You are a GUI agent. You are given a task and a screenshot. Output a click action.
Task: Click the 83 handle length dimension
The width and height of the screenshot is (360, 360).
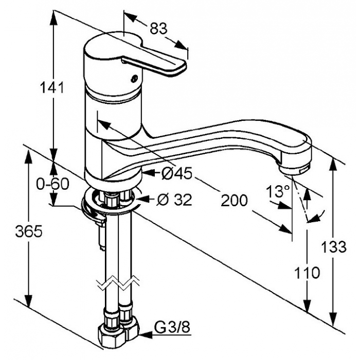(x=158, y=29)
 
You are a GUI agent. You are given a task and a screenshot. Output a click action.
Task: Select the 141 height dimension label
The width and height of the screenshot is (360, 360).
(x=52, y=87)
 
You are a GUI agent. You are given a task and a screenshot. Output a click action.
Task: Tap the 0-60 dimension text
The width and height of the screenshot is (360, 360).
(x=53, y=184)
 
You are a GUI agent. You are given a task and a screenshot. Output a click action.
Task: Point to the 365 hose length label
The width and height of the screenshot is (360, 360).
(x=29, y=231)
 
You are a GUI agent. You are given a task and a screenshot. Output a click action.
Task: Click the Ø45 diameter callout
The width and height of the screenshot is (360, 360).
(x=176, y=174)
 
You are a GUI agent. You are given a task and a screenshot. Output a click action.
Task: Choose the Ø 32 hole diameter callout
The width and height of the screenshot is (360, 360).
(x=174, y=200)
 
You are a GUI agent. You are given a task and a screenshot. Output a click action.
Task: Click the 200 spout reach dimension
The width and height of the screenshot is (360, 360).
(x=234, y=200)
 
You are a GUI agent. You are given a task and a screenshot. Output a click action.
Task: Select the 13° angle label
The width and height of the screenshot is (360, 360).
(x=278, y=191)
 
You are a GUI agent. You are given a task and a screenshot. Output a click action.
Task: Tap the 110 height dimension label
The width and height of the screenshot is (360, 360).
(x=307, y=273)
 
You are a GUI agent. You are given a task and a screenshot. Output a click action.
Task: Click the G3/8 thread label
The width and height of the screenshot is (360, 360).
(x=172, y=327)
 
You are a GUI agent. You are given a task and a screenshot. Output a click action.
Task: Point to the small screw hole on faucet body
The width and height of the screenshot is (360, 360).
(x=134, y=79)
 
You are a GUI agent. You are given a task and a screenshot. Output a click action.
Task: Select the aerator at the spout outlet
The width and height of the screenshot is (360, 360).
(x=295, y=170)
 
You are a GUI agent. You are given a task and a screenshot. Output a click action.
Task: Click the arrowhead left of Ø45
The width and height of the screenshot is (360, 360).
(x=149, y=173)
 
